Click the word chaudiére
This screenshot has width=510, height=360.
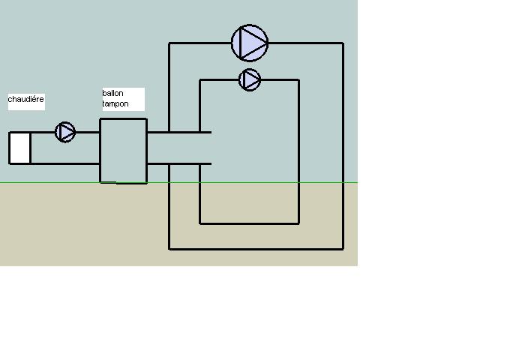(26, 99)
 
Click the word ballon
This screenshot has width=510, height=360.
(113, 93)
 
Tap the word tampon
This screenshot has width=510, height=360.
(115, 103)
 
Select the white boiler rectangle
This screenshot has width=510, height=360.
(19, 148)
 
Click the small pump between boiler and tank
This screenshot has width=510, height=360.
(65, 133)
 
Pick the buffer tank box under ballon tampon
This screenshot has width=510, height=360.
(123, 150)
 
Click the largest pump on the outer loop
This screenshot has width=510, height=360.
(250, 43)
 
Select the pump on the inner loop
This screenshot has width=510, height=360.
(250, 79)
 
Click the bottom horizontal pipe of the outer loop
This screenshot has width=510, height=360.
(255, 248)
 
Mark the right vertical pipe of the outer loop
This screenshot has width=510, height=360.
(343, 150)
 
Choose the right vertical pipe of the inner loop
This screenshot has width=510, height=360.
(298, 150)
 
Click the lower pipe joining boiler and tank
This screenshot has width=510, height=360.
(65, 163)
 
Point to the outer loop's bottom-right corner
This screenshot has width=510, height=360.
(343, 248)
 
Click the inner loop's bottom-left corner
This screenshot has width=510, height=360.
(199, 223)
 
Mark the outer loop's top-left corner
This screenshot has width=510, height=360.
(169, 43)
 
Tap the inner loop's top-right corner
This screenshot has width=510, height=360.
(298, 79)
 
